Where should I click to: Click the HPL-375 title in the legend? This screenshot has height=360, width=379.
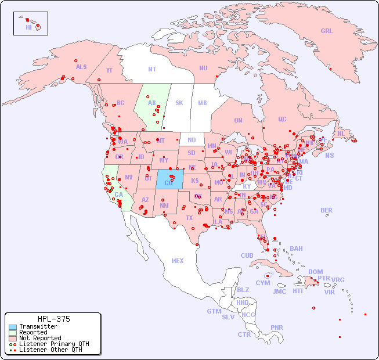53,319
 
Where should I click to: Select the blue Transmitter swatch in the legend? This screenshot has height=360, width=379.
13,327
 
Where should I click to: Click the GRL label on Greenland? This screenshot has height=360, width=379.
327,31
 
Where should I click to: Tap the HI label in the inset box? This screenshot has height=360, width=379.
28,27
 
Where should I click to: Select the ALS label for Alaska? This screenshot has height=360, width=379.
81,67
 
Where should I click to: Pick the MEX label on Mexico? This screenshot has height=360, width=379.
178,261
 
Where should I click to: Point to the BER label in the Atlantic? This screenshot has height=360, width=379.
327,210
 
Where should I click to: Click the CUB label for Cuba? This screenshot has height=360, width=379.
247,255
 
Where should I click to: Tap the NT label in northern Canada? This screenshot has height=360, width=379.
152,69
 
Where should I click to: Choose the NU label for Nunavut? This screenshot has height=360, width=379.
203,68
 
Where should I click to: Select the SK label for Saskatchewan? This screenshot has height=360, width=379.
179,103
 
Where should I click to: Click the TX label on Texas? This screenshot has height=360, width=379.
189,218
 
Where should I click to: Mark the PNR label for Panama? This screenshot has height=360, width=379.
277,327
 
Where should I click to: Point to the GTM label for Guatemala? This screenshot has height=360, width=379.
214,311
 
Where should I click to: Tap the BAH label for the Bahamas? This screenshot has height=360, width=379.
296,249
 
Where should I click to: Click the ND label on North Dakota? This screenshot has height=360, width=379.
192,140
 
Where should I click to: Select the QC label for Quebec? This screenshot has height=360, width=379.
282,119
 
